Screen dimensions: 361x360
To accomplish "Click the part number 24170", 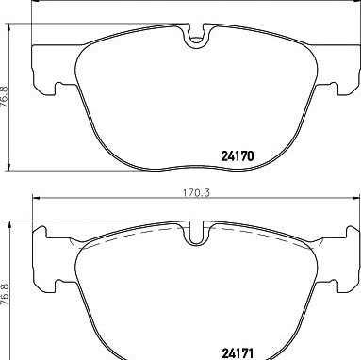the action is [x=238, y=156].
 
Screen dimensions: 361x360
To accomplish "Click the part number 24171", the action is [x=238, y=353].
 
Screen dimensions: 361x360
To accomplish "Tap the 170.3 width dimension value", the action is [x=196, y=193].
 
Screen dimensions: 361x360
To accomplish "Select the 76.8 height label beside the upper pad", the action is [x=5, y=97].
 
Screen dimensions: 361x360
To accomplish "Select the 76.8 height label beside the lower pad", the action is [x=5, y=294].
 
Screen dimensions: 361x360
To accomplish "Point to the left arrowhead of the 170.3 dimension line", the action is [x=36, y=198].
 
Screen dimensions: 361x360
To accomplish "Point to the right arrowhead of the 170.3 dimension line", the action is [x=356, y=198].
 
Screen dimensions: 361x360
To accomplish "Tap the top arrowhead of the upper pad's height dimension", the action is [x=9, y=27].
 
